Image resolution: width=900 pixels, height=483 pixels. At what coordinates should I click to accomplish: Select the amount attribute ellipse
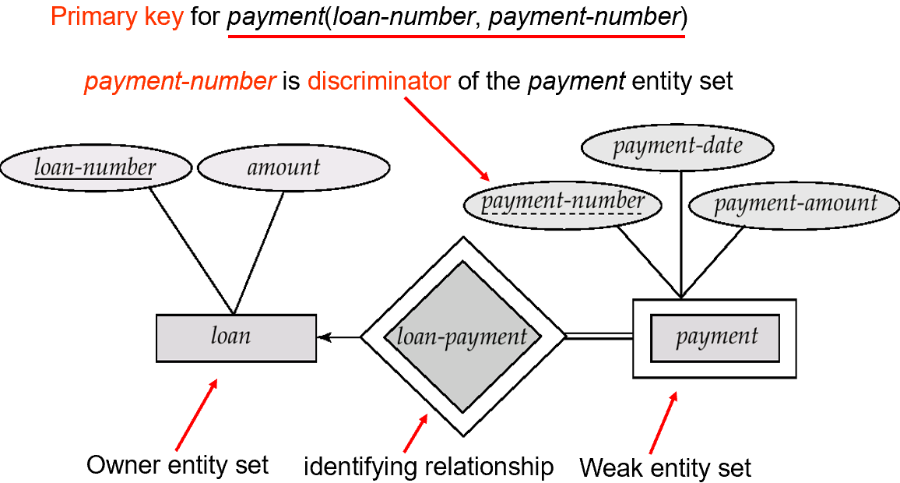tap(283, 167)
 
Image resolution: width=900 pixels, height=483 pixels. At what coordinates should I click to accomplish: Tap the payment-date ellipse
tap(677, 146)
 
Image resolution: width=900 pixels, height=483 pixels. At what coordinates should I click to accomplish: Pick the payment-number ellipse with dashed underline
tap(562, 203)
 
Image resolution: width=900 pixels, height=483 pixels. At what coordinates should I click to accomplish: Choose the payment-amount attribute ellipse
tap(794, 203)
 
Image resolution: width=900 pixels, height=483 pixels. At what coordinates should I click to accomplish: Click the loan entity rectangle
tap(236, 337)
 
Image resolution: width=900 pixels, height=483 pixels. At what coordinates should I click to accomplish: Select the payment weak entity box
tap(715, 337)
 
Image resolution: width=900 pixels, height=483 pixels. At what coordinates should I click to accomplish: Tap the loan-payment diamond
tap(462, 337)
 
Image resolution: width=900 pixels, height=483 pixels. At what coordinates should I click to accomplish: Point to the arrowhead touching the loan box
tap(323, 337)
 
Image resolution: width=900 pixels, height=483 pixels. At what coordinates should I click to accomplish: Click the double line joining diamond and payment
tap(598, 337)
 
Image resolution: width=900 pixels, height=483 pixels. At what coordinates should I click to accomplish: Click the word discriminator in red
tap(378, 81)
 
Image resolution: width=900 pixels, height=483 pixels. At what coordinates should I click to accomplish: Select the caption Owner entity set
tap(178, 466)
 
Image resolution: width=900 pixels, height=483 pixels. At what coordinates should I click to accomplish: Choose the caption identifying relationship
tap(428, 467)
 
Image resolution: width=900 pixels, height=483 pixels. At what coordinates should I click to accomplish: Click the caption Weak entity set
tap(666, 468)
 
